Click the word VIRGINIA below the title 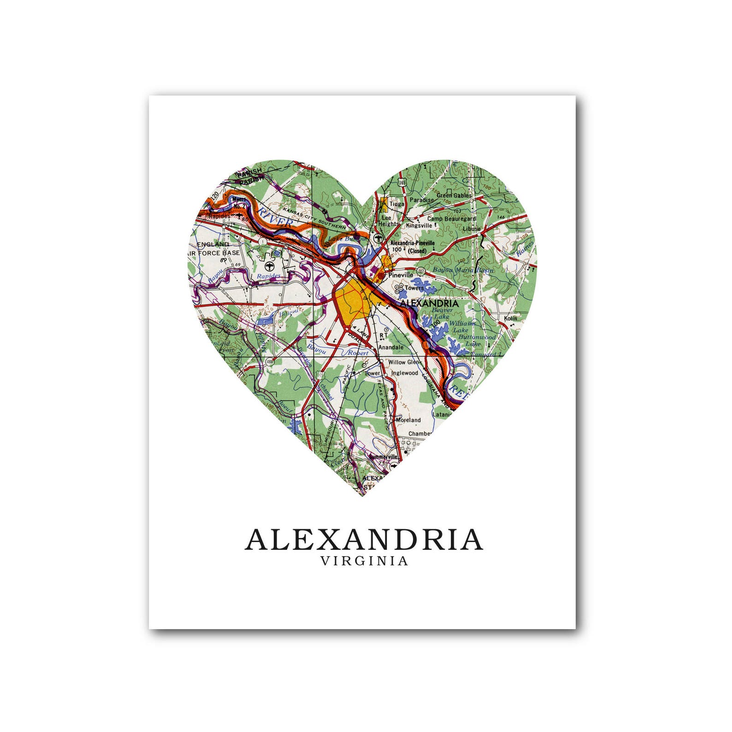364,561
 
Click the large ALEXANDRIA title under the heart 364,540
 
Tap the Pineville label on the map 401,275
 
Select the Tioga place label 397,203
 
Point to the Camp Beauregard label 451,218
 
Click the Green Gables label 454,195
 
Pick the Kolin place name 510,318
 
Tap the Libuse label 472,228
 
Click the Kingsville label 419,225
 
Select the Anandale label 390,347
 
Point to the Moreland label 408,420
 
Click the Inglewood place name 404,373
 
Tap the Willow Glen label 403,362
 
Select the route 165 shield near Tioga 402,183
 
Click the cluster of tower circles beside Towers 398,288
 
